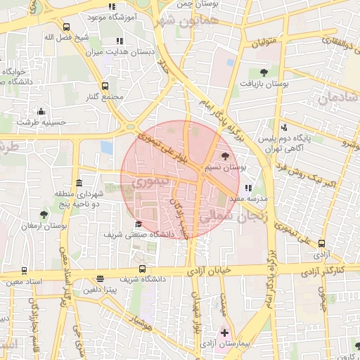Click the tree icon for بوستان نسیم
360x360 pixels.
pyautogui.click(x=225, y=157)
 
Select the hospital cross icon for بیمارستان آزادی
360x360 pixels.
pyautogui.click(x=225, y=332)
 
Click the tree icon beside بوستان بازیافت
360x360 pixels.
pyautogui.click(x=264, y=72)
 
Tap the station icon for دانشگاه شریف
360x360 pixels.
pyautogui.click(x=143, y=268)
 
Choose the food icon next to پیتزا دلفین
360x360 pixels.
pyautogui.click(x=100, y=278)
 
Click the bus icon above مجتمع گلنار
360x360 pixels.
pyautogui.click(x=105, y=85)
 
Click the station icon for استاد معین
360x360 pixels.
pyautogui.click(x=25, y=270)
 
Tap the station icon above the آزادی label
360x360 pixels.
pyautogui.click(x=321, y=240)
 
